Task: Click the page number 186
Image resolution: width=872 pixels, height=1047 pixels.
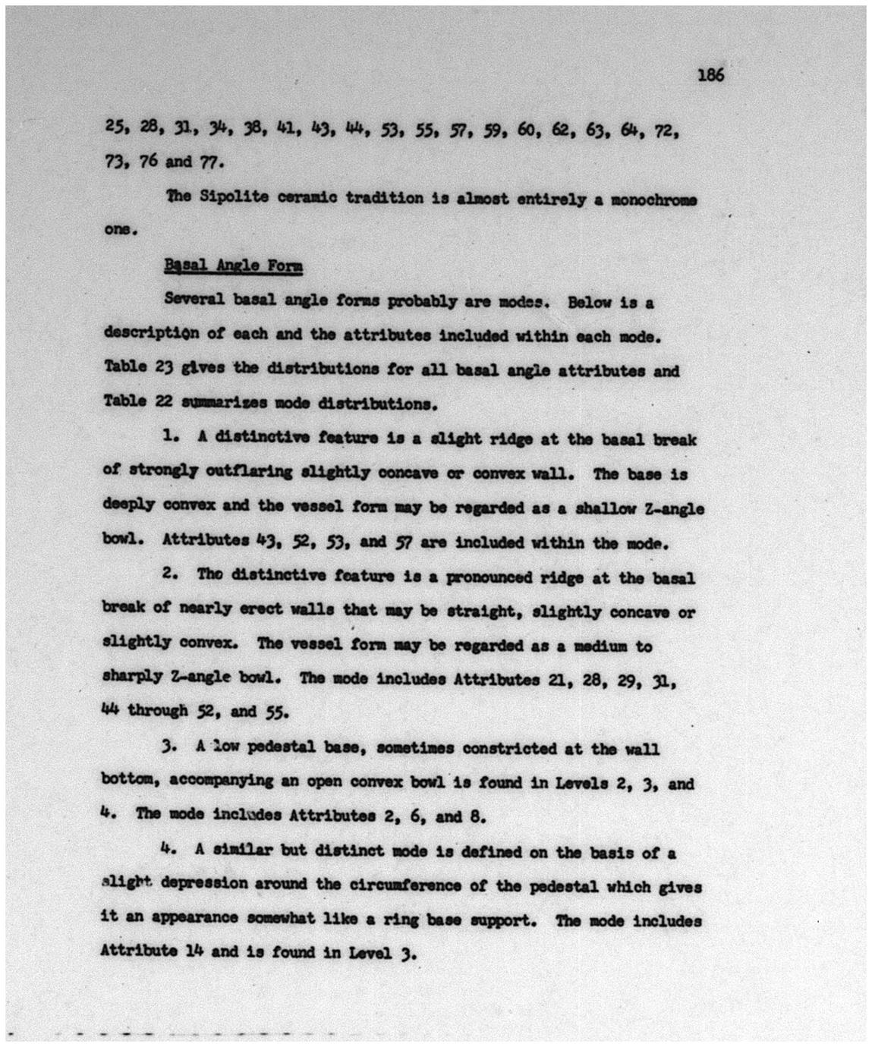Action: pyautogui.click(x=710, y=74)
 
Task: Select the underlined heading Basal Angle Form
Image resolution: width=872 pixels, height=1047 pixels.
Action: pyautogui.click(x=233, y=266)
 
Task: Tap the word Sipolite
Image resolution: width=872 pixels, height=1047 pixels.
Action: pyautogui.click(x=234, y=197)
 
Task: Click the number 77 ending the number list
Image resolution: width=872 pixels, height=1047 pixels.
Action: pyautogui.click(x=209, y=162)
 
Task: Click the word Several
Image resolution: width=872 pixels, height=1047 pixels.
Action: pyautogui.click(x=194, y=299)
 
